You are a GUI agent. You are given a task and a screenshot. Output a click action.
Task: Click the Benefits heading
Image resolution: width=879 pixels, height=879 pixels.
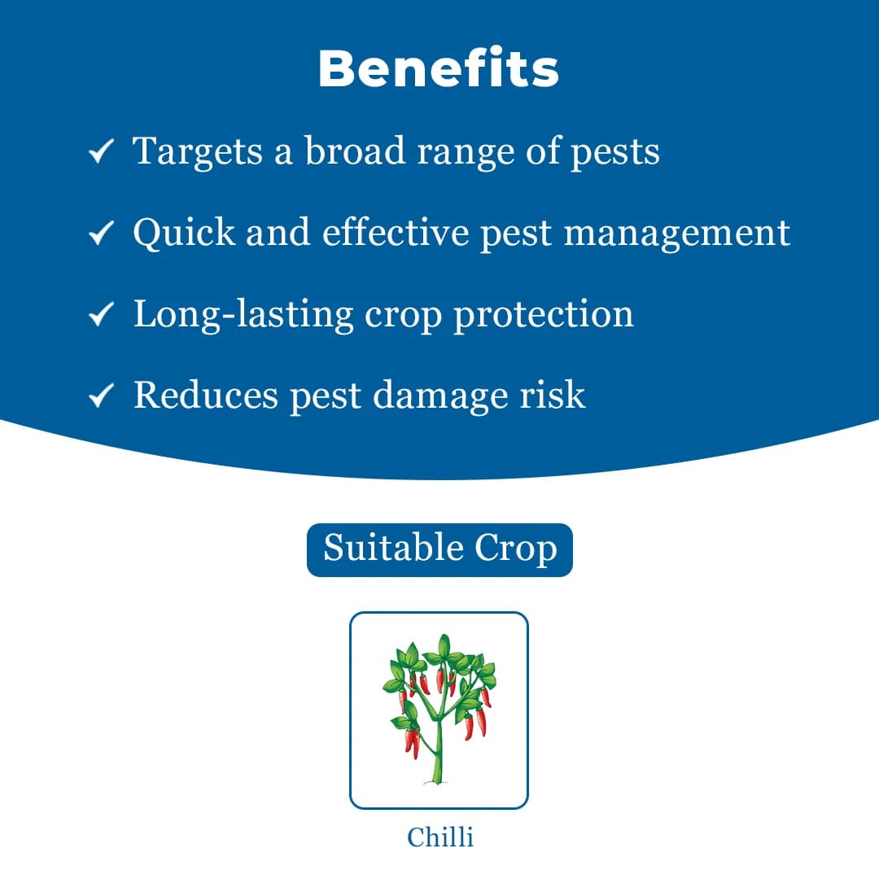click(439, 69)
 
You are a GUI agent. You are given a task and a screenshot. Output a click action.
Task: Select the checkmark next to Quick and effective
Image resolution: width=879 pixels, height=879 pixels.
click(100, 234)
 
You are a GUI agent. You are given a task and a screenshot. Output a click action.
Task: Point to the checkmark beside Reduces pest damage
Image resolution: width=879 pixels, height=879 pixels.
click(100, 396)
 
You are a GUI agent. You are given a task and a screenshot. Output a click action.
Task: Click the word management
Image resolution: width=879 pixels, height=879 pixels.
click(677, 234)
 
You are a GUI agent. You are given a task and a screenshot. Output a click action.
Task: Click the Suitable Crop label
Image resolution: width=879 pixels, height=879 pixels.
click(439, 549)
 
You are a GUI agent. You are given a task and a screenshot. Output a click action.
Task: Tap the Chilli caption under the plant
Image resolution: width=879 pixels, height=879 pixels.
click(439, 837)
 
